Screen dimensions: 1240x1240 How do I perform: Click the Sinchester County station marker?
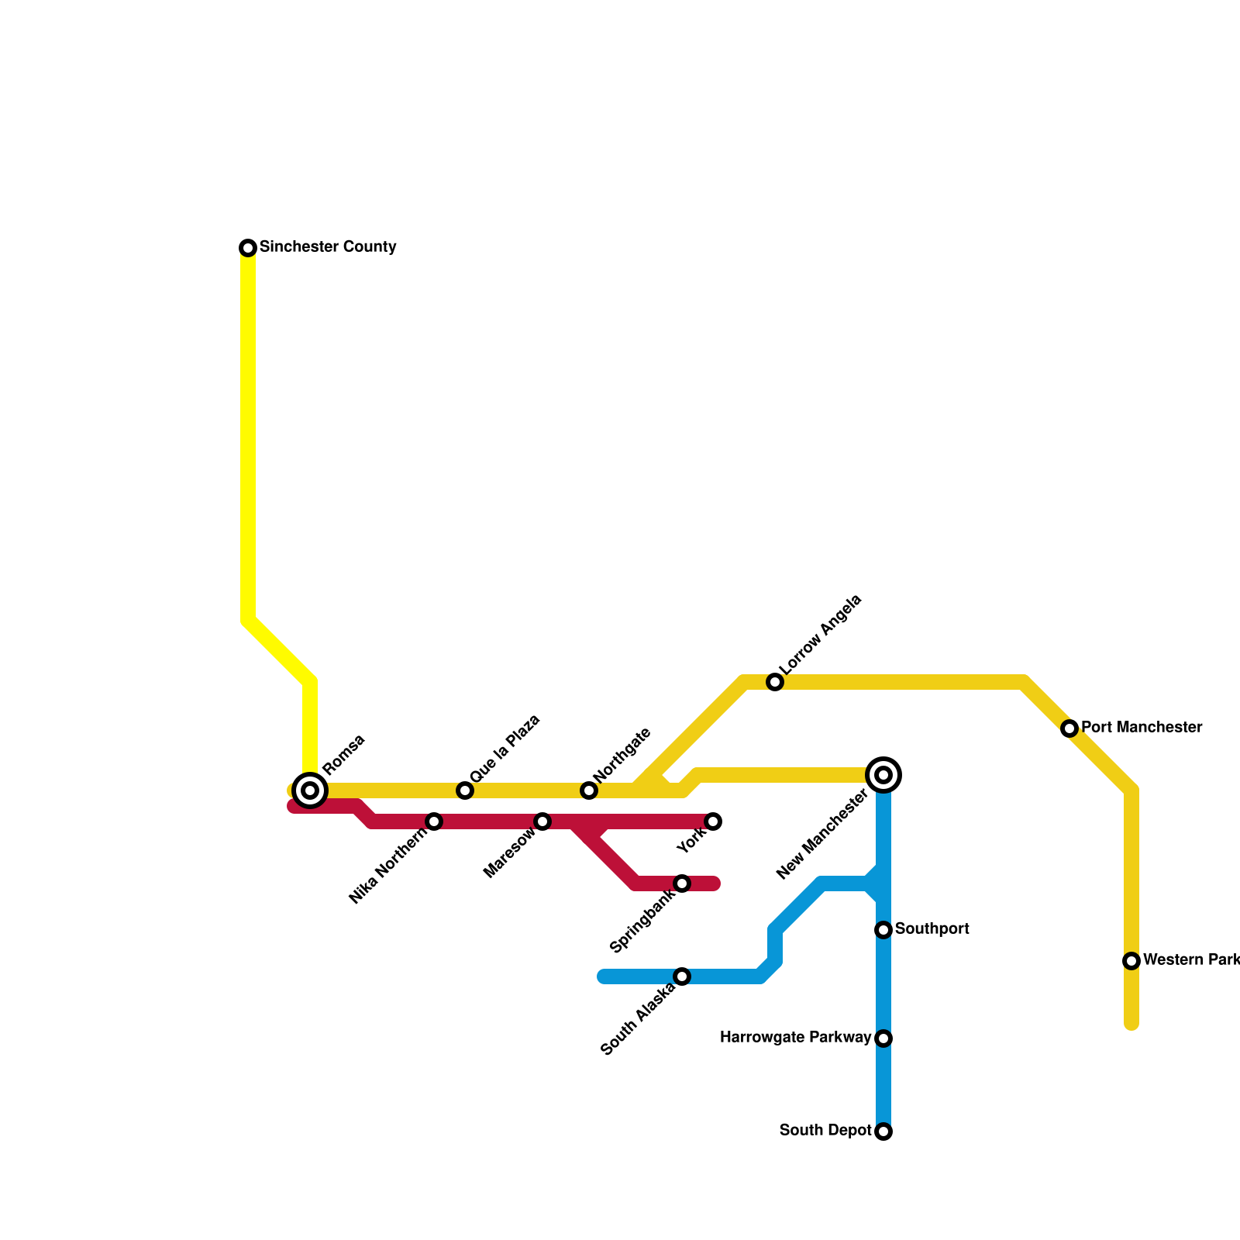tap(248, 248)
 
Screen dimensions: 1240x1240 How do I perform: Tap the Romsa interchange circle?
tap(310, 790)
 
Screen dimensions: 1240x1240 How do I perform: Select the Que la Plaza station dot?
tap(465, 790)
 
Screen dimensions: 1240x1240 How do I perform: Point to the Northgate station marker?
tap(589, 790)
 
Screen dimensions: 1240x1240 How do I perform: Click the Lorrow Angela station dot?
tap(775, 682)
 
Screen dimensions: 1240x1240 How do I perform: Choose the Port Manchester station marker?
tap(1069, 728)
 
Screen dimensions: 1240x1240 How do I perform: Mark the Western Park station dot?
tap(1131, 961)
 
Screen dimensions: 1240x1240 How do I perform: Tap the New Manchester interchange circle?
tap(883, 775)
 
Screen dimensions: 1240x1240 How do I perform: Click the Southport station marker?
tap(883, 930)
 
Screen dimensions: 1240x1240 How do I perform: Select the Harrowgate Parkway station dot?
tap(883, 1038)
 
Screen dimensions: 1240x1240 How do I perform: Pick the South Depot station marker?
tap(883, 1131)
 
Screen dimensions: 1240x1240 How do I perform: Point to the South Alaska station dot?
tap(682, 976)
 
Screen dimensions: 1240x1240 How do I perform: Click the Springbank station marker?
tap(682, 883)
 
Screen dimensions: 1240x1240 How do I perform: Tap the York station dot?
tap(713, 821)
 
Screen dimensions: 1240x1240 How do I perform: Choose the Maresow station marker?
tap(542, 821)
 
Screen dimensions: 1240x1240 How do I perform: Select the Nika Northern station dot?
tap(434, 821)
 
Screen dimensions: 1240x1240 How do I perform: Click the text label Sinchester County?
tap(328, 247)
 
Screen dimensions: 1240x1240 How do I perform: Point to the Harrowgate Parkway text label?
tap(795, 1038)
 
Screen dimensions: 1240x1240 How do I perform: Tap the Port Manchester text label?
tap(1142, 728)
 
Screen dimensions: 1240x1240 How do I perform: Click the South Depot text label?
tap(825, 1131)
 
